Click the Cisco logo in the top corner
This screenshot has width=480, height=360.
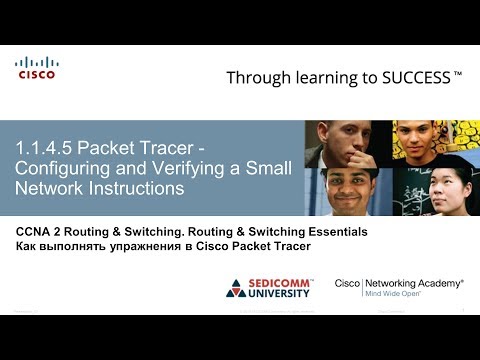36,67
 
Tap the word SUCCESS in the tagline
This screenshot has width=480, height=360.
412,76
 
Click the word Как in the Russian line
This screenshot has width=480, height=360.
28,246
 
